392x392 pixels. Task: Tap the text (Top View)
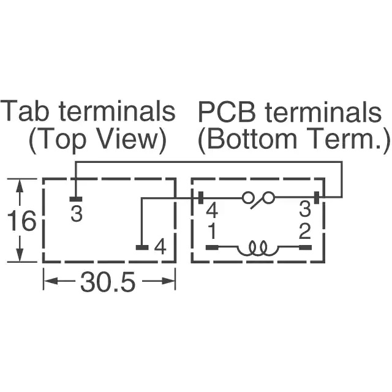click(97, 140)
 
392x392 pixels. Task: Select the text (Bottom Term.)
click(293, 140)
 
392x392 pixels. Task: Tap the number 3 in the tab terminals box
click(77, 214)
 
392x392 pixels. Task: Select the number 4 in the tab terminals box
click(160, 247)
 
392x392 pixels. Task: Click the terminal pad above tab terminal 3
click(75, 199)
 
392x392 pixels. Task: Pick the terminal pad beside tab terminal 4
click(141, 248)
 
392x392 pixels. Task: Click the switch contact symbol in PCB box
click(258, 197)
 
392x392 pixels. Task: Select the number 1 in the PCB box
click(211, 232)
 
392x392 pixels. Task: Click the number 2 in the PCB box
click(304, 232)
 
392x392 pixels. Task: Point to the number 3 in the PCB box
click(305, 211)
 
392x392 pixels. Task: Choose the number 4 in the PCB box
click(212, 211)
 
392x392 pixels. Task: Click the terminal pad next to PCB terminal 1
click(212, 247)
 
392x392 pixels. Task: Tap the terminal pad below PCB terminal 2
click(305, 247)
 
